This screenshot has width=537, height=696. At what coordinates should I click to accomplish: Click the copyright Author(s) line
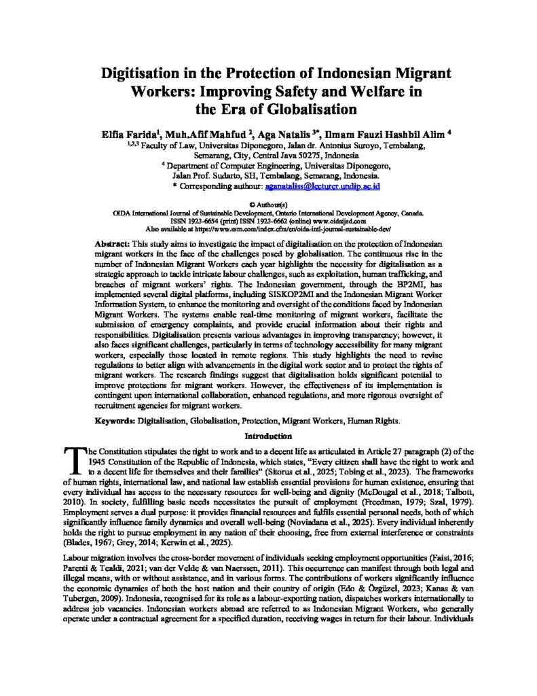(269, 204)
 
